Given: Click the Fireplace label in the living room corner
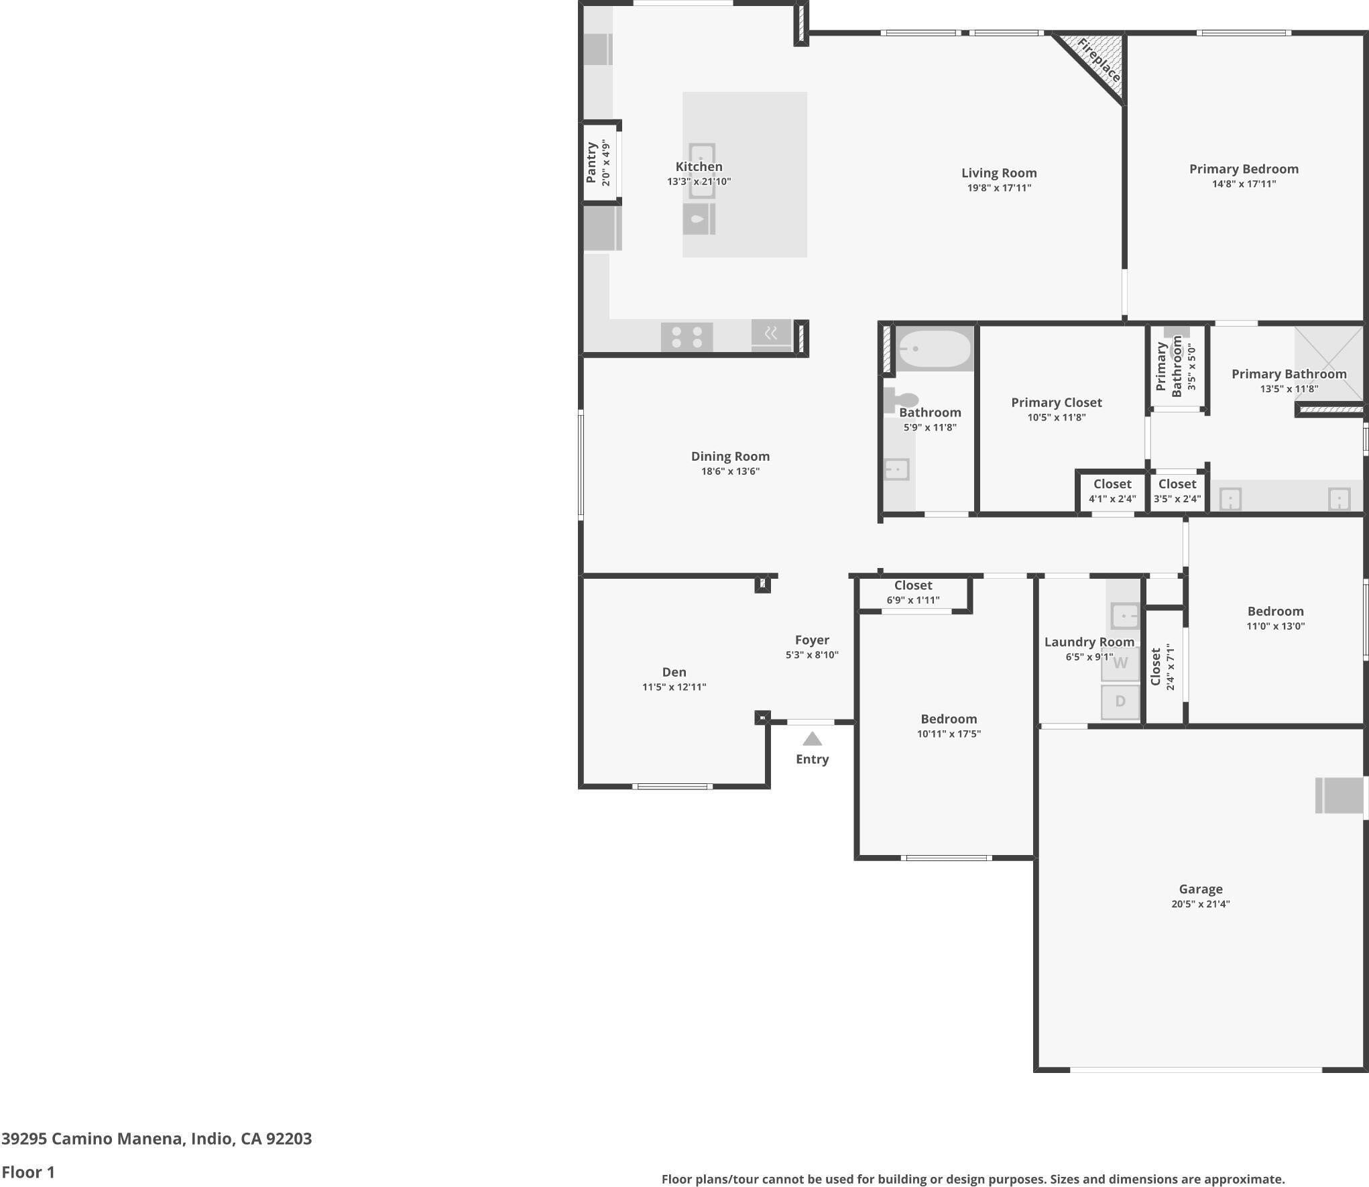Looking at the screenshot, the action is click(x=1098, y=60).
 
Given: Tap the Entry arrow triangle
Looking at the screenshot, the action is click(x=812, y=738).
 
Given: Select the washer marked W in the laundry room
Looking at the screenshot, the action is click(x=1120, y=663).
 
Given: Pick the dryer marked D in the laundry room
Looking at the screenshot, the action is click(x=1120, y=701).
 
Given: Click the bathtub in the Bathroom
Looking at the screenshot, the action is click(x=934, y=349).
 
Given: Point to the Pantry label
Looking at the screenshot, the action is click(x=591, y=162).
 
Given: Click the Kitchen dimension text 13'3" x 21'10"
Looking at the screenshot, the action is click(x=699, y=181).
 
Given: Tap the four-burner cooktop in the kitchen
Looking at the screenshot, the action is click(x=687, y=337).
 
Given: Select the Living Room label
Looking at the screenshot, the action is click(x=999, y=173).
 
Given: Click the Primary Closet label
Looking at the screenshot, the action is click(x=1057, y=402).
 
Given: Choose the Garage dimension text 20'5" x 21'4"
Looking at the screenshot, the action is click(x=1201, y=903).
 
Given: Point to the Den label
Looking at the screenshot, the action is click(x=674, y=672).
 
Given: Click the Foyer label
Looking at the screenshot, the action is click(x=812, y=640).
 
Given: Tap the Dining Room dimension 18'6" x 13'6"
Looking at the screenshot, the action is click(x=730, y=471).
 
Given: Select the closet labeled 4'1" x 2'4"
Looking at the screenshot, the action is click(x=1112, y=491).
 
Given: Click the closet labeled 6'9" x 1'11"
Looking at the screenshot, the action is click(x=913, y=593).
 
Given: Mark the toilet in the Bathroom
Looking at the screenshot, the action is click(x=898, y=400).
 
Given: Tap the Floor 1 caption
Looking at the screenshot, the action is click(x=28, y=1172).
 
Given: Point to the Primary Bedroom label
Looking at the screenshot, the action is click(x=1244, y=169).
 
